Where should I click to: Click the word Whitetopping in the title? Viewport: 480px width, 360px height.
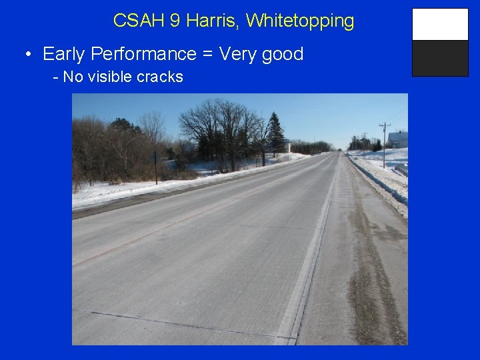pyautogui.click(x=300, y=21)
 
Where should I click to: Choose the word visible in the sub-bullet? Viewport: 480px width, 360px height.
pyautogui.click(x=109, y=77)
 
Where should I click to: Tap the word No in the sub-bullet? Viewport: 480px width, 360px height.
pyautogui.click(x=73, y=77)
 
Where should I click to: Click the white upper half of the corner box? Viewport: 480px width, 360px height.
pyautogui.click(x=440, y=25)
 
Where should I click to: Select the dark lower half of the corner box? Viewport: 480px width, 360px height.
pyautogui.click(x=440, y=59)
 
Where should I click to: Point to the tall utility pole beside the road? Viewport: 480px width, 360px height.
pyautogui.click(x=384, y=143)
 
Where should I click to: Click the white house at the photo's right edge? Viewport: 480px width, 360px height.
pyautogui.click(x=399, y=139)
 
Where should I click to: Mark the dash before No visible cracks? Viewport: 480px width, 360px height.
pyautogui.click(x=56, y=77)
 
